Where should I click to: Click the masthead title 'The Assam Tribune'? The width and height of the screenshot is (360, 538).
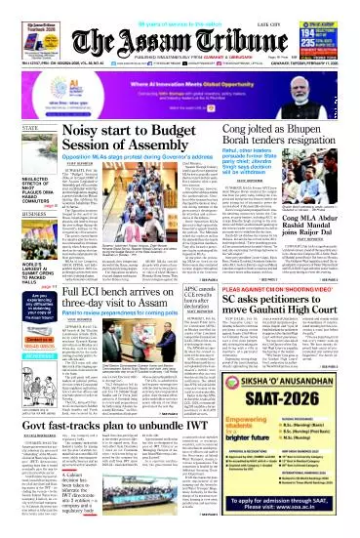(x=180, y=23)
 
